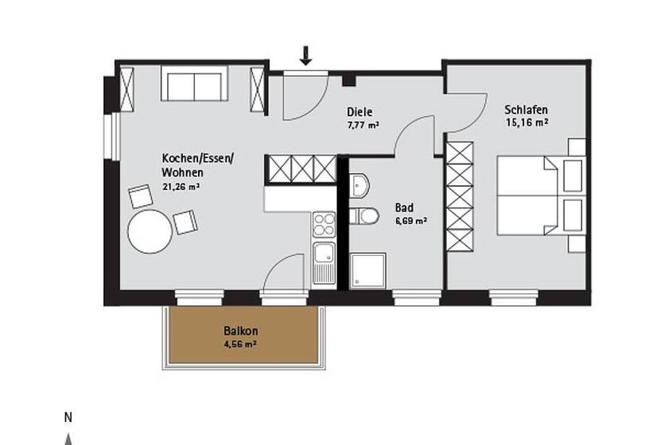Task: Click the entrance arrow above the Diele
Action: click(x=305, y=56)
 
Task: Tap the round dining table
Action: click(x=150, y=231)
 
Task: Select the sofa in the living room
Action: click(x=194, y=83)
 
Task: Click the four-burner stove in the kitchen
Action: click(x=324, y=224)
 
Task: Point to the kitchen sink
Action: click(x=324, y=262)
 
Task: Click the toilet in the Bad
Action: click(x=364, y=216)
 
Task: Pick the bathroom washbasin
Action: click(x=359, y=186)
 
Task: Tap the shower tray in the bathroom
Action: click(x=368, y=271)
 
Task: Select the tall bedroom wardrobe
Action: click(x=460, y=196)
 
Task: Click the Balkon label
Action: click(x=241, y=331)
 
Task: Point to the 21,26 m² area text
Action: click(x=181, y=186)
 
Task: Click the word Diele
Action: click(x=359, y=112)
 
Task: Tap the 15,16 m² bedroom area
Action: click(x=527, y=122)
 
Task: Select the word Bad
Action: click(x=404, y=208)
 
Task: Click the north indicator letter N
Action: click(x=68, y=418)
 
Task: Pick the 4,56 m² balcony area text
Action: click(x=240, y=343)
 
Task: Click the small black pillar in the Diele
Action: click(x=349, y=79)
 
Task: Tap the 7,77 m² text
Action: click(x=363, y=126)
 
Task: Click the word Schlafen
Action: click(x=526, y=110)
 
